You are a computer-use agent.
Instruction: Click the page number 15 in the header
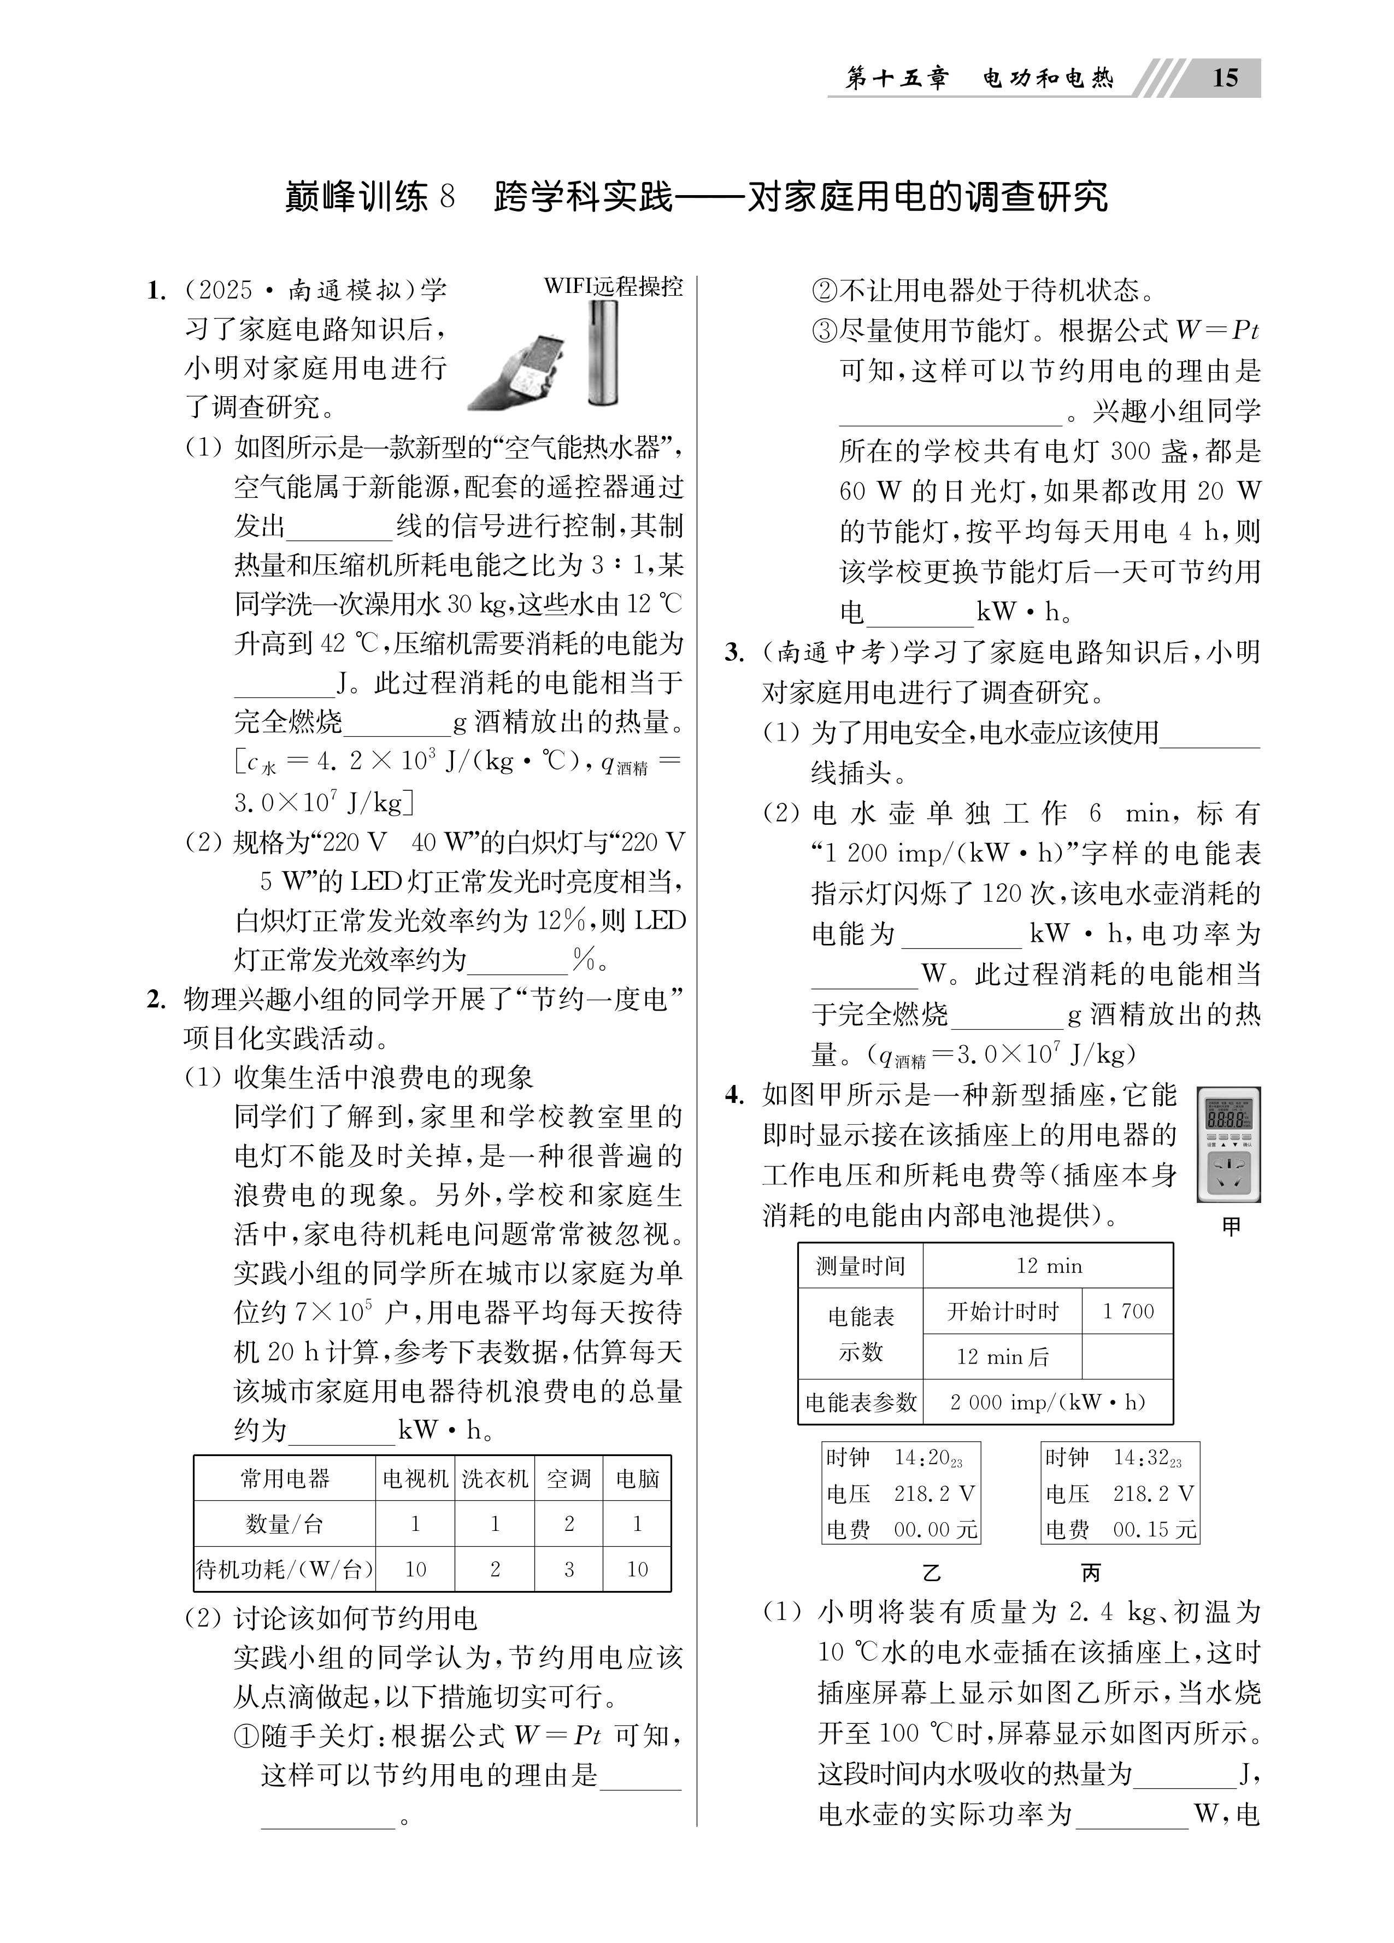[1225, 78]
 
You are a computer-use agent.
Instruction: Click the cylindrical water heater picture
[603, 353]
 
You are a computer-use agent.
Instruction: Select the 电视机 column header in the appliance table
[415, 1478]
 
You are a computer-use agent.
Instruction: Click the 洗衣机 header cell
[495, 1478]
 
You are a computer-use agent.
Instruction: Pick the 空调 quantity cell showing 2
[569, 1523]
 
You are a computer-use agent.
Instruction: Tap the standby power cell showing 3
[569, 1569]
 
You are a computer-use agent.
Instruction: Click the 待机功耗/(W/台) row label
[285, 1569]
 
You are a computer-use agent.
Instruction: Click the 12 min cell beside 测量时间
[1048, 1265]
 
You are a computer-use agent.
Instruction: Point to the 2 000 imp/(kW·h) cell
[1048, 1402]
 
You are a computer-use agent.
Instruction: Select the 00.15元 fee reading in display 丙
[1153, 1529]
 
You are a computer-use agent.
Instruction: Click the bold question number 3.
[733, 653]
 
